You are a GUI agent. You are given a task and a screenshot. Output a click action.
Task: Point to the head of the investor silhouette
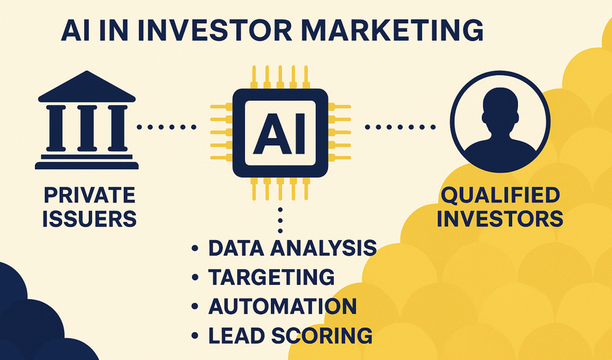pos(500,107)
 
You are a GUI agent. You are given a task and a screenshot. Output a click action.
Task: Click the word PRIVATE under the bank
pos(89,195)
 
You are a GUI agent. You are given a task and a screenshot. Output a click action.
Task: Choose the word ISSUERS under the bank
pos(89,219)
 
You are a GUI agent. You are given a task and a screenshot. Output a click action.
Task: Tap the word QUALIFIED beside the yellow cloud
pos(500,195)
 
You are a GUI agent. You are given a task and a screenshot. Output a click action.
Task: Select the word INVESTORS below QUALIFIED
pos(500,219)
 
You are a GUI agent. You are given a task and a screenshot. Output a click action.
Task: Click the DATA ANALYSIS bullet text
pos(292,248)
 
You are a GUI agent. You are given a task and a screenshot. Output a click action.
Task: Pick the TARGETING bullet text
pos(271,277)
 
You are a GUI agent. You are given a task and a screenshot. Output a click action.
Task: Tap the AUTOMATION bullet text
pos(282,306)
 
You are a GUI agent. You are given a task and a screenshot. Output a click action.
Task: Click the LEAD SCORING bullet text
pos(290,335)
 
